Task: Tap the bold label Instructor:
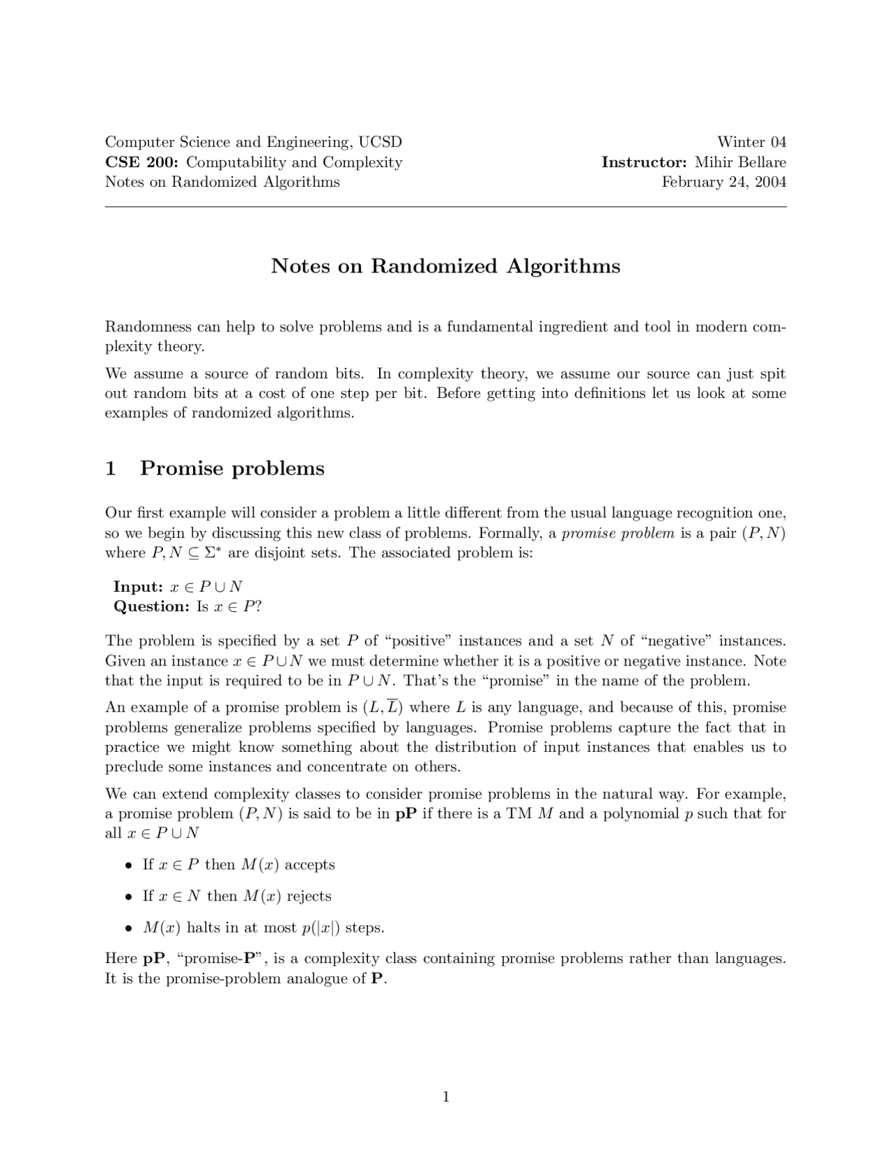coord(644,162)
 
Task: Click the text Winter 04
coord(751,142)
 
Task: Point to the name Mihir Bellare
coord(740,162)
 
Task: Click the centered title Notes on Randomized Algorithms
coord(445,266)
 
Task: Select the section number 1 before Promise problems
coord(110,468)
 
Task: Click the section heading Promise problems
coord(232,468)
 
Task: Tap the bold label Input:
coord(138,587)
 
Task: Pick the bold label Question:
coord(151,606)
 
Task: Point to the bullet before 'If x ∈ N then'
coord(128,897)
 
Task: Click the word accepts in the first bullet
coord(309,865)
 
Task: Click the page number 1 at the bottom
coord(446,1097)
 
